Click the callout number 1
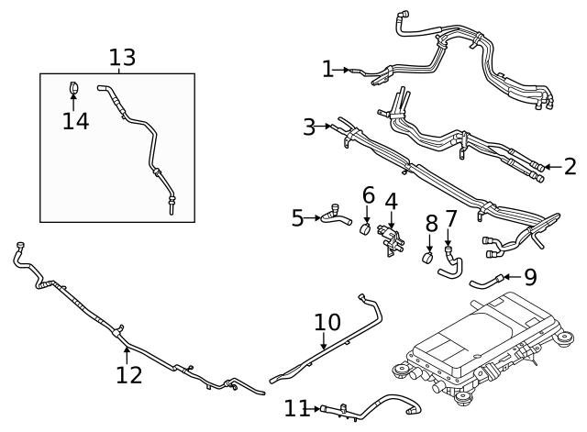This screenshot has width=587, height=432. [x=328, y=69]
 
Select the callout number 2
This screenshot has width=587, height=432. [x=570, y=166]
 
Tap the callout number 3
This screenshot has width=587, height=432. [x=309, y=127]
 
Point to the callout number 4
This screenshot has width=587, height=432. [x=391, y=201]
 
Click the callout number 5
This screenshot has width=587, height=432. [x=297, y=217]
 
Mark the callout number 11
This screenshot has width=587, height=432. [x=297, y=407]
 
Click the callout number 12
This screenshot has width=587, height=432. [x=129, y=374]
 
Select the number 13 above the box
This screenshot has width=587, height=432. [x=122, y=58]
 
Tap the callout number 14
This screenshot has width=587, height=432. [x=76, y=121]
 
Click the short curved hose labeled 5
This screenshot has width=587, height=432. [x=336, y=217]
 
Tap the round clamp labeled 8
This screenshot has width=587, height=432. [x=428, y=256]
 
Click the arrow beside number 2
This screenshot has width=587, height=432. [x=548, y=166]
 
